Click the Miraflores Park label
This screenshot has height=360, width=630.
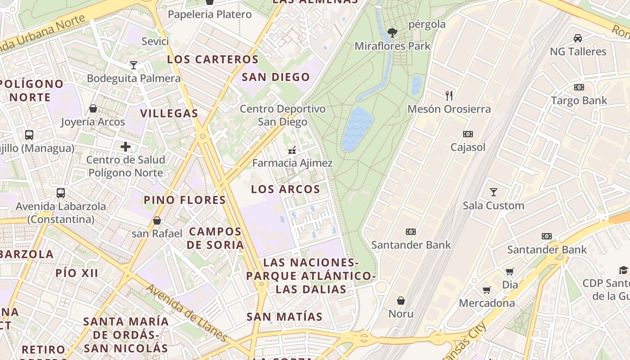[x=392, y=46]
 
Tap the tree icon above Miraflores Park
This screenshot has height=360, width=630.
[x=392, y=32]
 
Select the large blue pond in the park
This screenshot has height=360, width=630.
[x=357, y=128]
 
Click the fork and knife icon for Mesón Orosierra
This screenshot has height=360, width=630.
[x=449, y=95]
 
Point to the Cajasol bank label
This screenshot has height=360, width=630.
[x=468, y=147]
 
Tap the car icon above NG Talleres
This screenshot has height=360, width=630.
[x=578, y=38]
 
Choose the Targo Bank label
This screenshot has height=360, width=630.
[x=579, y=100]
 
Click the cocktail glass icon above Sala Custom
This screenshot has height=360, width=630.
[x=494, y=192]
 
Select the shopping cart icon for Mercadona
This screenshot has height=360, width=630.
[x=486, y=290]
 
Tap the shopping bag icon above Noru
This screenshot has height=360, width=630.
[x=400, y=300]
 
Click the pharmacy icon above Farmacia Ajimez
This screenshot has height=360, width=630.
[x=292, y=150]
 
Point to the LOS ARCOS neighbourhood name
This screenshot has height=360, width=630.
[x=285, y=189]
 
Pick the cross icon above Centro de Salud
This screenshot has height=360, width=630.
[x=126, y=146]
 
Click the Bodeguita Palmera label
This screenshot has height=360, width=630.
[x=134, y=78]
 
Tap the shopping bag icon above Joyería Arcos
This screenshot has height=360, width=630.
[x=93, y=108]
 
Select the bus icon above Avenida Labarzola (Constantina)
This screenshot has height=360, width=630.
[x=61, y=193]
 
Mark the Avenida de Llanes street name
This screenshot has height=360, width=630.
[x=187, y=313]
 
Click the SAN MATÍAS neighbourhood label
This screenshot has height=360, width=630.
[x=284, y=317]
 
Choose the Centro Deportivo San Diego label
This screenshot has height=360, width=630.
[x=282, y=115]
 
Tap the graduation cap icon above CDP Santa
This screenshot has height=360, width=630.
[x=623, y=270]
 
